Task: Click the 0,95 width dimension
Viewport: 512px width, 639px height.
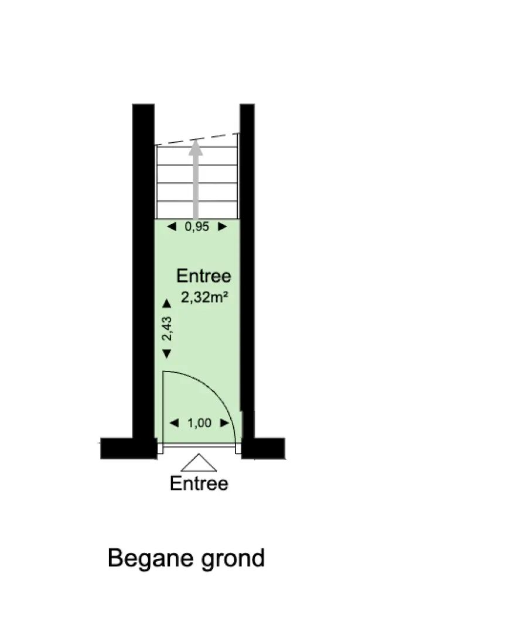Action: click(x=197, y=226)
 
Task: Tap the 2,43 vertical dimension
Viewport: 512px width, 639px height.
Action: click(x=167, y=328)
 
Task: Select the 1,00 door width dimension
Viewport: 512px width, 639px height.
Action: click(x=200, y=423)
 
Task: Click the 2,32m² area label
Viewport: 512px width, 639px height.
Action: click(x=204, y=297)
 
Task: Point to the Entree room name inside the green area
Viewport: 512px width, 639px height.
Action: click(x=204, y=276)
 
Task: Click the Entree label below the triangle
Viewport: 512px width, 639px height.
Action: click(x=199, y=483)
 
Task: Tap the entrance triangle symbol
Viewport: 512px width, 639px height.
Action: click(x=199, y=463)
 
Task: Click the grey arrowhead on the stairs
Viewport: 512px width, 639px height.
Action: click(x=196, y=149)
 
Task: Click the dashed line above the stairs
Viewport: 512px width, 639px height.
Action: click(x=197, y=139)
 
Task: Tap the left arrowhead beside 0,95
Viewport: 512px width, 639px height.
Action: click(x=172, y=226)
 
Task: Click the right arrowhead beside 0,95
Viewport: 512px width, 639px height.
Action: click(x=223, y=226)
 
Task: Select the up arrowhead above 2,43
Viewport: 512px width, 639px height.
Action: click(x=167, y=303)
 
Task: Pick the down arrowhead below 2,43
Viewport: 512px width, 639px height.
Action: click(x=167, y=353)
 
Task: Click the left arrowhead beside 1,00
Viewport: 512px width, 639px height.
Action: click(x=174, y=423)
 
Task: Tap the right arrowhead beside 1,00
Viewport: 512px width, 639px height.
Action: click(x=225, y=423)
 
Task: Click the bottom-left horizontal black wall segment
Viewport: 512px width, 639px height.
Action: click(x=128, y=448)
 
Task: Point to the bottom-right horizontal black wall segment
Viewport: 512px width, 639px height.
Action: click(x=263, y=448)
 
